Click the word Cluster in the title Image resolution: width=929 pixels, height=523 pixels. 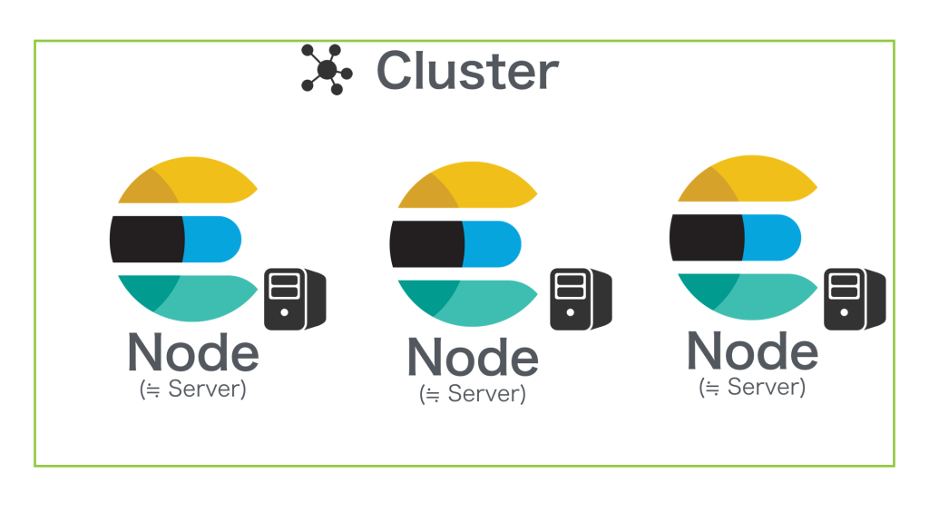pyautogui.click(x=467, y=71)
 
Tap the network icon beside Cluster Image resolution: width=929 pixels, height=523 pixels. pyautogui.click(x=327, y=69)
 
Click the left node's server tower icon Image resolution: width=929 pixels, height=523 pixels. pyautogui.click(x=295, y=299)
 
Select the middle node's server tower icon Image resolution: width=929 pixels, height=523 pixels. pyautogui.click(x=581, y=299)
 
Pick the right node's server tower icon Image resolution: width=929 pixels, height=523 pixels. pyautogui.click(x=855, y=299)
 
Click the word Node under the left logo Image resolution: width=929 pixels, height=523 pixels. pyautogui.click(x=193, y=352)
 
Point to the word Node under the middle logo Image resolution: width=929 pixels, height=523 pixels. pyautogui.click(x=473, y=357)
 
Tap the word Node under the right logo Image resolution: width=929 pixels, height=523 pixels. pyautogui.click(x=752, y=350)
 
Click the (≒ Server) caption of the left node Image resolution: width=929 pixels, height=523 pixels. pyautogui.click(x=192, y=389)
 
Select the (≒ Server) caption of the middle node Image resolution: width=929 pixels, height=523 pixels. pyautogui.click(x=472, y=394)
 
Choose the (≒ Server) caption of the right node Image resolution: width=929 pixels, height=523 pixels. pyautogui.click(x=752, y=387)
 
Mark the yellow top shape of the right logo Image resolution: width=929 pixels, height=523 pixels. pyautogui.click(x=748, y=179)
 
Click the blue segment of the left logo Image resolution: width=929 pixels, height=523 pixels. pyautogui.click(x=211, y=239)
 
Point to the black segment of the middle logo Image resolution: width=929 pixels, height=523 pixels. pyautogui.click(x=426, y=243)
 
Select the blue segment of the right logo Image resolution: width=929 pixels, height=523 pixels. pyautogui.click(x=771, y=237)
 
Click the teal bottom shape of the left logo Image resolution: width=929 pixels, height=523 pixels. pyautogui.click(x=189, y=298)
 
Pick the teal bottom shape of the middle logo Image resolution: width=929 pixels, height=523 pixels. pyautogui.click(x=468, y=302)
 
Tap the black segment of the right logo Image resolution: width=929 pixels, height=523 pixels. pyautogui.click(x=706, y=237)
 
